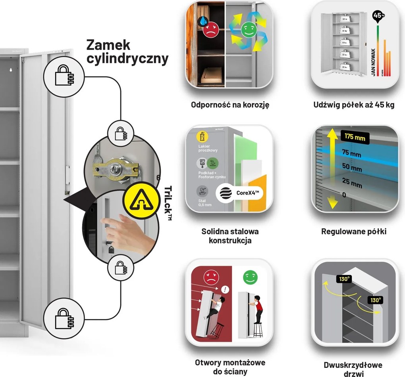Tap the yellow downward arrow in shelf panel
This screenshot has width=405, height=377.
point(333,202)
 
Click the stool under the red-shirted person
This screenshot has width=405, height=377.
point(258,331)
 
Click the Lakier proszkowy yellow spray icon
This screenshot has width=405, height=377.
point(202,137)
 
